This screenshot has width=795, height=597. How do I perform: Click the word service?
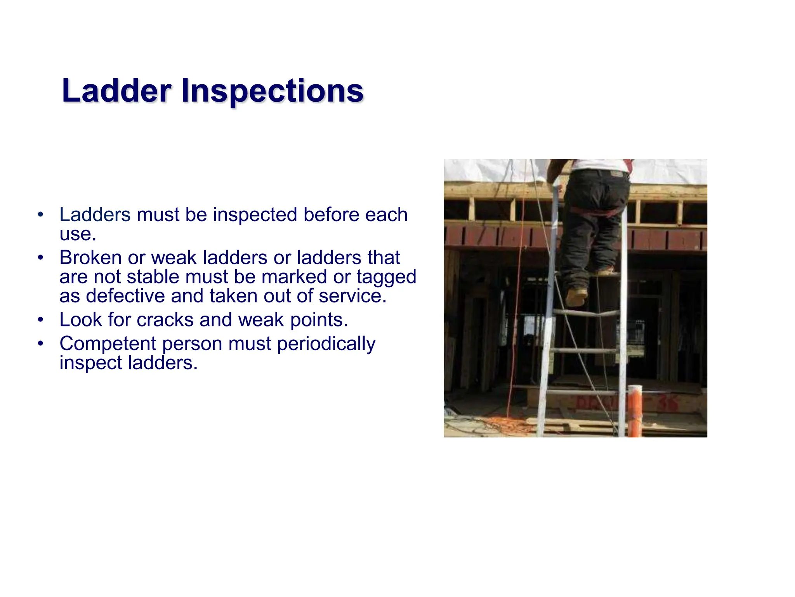click(x=352, y=296)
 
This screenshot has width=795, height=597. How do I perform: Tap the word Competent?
click(x=108, y=344)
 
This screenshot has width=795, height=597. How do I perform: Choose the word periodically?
click(x=326, y=344)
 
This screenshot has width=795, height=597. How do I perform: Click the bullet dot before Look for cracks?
click(x=41, y=320)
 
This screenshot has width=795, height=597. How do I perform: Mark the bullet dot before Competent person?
click(x=41, y=344)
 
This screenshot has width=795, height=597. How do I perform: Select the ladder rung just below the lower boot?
click(x=586, y=313)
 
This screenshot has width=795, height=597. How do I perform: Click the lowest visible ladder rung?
click(x=582, y=393)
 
